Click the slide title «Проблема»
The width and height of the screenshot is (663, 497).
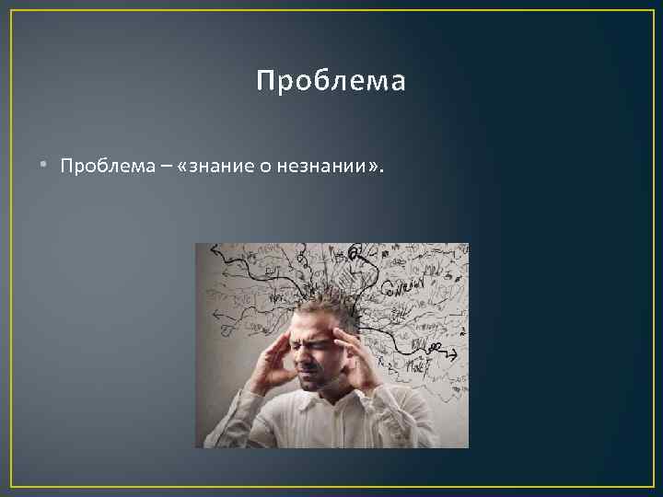coord(331,82)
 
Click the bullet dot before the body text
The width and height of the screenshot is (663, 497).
coord(44,166)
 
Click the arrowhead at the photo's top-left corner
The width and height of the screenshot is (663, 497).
coord(215,248)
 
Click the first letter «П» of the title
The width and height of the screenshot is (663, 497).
coord(264,82)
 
